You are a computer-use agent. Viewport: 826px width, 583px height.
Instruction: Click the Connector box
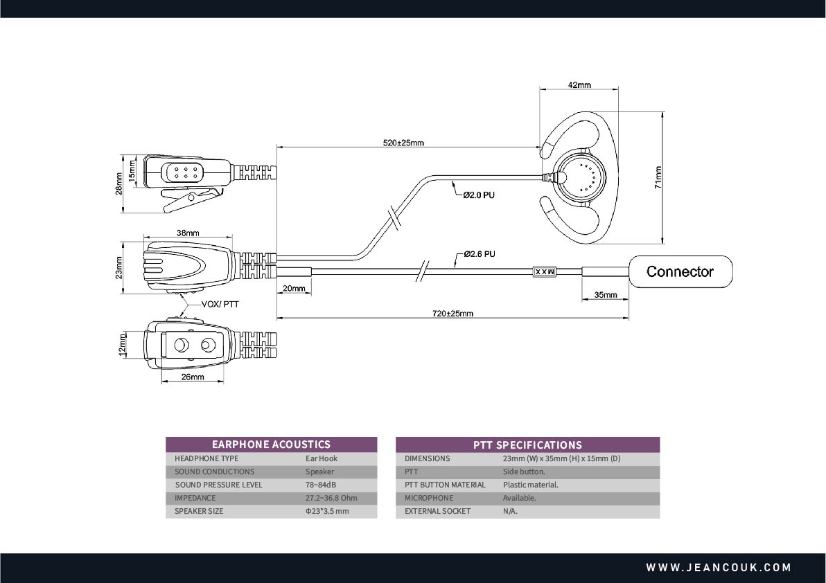(x=680, y=271)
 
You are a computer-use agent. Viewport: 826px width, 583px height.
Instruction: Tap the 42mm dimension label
(x=579, y=84)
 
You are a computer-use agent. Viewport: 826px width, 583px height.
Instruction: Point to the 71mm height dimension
(x=658, y=177)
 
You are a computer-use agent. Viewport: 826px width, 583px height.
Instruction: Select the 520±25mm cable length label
(x=403, y=143)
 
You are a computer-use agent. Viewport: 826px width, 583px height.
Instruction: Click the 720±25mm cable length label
(x=452, y=314)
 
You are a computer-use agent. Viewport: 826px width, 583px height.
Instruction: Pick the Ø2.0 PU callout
(x=479, y=195)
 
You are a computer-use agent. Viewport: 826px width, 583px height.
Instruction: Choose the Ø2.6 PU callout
(x=480, y=254)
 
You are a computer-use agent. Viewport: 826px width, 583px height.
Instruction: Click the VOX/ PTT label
(x=220, y=304)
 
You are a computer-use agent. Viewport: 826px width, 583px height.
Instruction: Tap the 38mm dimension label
(x=188, y=233)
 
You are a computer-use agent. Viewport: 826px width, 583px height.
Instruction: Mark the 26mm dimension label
(x=193, y=377)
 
